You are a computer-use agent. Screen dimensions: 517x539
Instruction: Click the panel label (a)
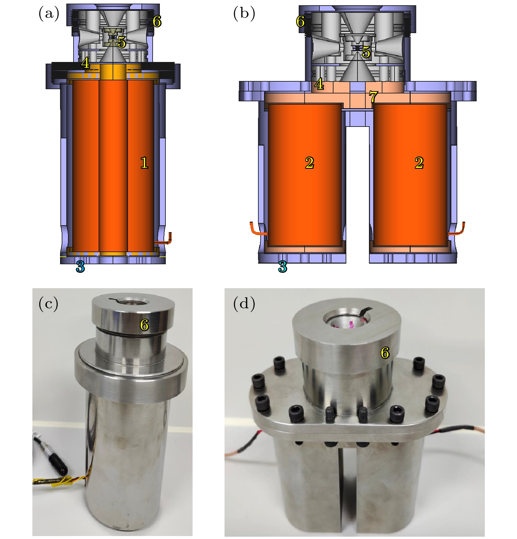(x=49, y=14)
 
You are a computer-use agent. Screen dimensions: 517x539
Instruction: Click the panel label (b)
(x=244, y=14)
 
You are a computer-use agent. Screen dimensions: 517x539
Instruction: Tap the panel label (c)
(x=49, y=304)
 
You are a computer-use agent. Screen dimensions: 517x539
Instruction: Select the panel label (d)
(x=244, y=304)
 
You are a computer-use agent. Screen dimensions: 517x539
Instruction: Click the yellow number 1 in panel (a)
(x=144, y=163)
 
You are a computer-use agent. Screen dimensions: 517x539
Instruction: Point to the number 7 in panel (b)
(x=373, y=97)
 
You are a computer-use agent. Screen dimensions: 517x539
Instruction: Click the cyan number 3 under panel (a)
(x=80, y=267)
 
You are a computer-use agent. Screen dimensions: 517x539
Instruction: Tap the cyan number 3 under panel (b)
(x=283, y=267)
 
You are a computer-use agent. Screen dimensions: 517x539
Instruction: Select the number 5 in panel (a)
(x=122, y=42)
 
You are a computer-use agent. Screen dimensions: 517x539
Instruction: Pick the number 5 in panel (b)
(x=366, y=52)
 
